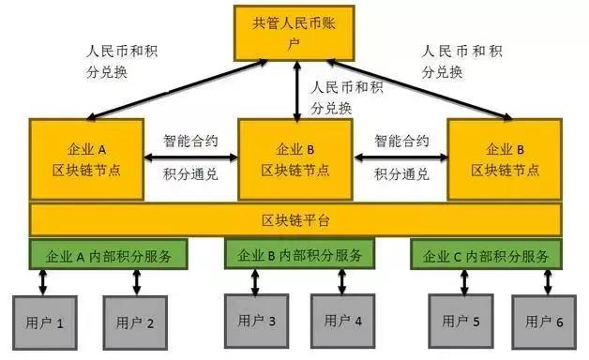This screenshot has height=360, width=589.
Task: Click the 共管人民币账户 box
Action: pyautogui.click(x=294, y=33)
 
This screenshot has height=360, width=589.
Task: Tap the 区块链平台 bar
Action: pyautogui.click(x=294, y=220)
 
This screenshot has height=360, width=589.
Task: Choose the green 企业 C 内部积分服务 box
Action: pyautogui.click(x=485, y=254)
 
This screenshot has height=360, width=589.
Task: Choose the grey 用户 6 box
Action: pyautogui.click(x=544, y=322)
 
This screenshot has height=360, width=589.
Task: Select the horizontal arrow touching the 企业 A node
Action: pyautogui.click(x=190, y=155)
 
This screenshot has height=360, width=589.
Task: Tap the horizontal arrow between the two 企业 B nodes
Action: pyautogui.click(x=400, y=155)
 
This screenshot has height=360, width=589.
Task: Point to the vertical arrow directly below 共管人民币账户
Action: pyautogui.click(x=297, y=91)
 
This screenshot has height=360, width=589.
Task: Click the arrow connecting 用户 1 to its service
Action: pyautogui.click(x=41, y=280)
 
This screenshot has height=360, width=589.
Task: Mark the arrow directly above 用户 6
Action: pyautogui.click(x=546, y=279)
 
